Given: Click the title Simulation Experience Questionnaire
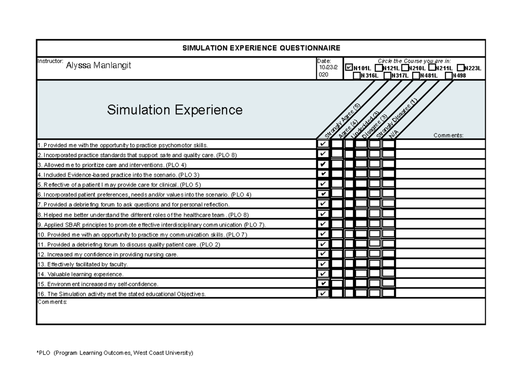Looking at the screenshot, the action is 261,48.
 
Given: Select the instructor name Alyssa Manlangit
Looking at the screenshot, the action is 98,66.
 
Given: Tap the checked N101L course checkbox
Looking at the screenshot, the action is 349,68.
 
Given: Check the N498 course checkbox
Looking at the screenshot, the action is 448,75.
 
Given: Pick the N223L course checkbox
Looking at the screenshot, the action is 460,68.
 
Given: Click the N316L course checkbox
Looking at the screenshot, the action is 356,75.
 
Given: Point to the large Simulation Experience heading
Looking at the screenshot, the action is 174,109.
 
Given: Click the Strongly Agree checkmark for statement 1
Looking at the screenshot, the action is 323,144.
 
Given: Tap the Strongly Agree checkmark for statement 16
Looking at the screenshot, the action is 323,293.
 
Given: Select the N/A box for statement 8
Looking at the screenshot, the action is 389,214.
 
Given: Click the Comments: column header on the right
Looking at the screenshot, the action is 448,135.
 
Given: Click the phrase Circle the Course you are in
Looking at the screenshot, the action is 414,61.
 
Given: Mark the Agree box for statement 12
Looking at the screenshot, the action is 337,254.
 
